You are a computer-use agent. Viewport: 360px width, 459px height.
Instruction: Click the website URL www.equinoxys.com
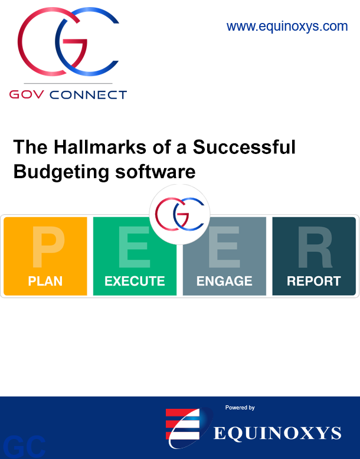tap(287, 27)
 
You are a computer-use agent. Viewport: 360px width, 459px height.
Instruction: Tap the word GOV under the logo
tap(27, 94)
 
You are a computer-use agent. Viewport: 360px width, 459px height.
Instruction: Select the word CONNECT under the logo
tap(88, 95)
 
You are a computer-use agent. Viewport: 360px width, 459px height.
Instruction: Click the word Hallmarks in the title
tap(100, 147)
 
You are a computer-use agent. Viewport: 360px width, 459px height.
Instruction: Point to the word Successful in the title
tap(244, 147)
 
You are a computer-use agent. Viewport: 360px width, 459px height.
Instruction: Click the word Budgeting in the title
tap(61, 172)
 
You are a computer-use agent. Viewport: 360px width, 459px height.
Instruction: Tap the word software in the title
tap(155, 172)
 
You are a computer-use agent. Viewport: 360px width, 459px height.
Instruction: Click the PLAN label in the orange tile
tap(45, 281)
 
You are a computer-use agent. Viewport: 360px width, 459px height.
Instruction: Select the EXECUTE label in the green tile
tap(135, 281)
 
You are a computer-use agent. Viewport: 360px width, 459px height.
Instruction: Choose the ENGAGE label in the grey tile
tap(224, 281)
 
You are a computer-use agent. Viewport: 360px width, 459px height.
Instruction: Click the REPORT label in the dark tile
tap(314, 281)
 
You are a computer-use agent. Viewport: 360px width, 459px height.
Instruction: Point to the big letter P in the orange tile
tap(48, 247)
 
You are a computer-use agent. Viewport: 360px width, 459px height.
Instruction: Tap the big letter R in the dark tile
tap(315, 247)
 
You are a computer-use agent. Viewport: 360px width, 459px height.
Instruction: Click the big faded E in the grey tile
tap(224, 247)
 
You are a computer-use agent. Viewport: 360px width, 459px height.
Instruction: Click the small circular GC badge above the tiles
tap(179, 214)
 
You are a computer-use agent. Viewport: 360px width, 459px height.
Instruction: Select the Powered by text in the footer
tap(240, 408)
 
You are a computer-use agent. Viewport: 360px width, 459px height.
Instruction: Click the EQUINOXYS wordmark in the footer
tap(277, 433)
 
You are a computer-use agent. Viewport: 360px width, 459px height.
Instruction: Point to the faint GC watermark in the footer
tap(25, 447)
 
